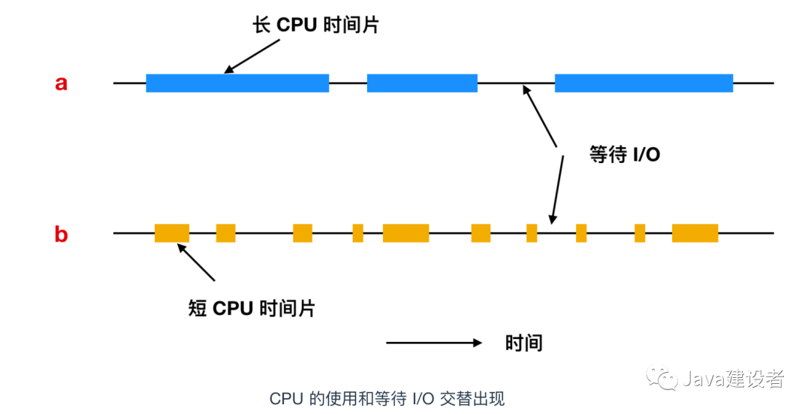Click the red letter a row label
(61, 83)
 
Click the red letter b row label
(61, 234)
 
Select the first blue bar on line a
(237, 83)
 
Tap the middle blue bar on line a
(422, 83)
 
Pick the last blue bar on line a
(644, 83)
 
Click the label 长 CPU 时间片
(316, 25)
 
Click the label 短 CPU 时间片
(252, 308)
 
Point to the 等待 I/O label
(624, 155)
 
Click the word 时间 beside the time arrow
(523, 343)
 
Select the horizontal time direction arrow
(434, 343)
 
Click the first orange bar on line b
(172, 233)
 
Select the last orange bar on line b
(695, 233)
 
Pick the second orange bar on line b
(225, 233)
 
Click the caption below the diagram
(393, 397)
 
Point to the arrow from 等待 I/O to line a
(541, 116)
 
